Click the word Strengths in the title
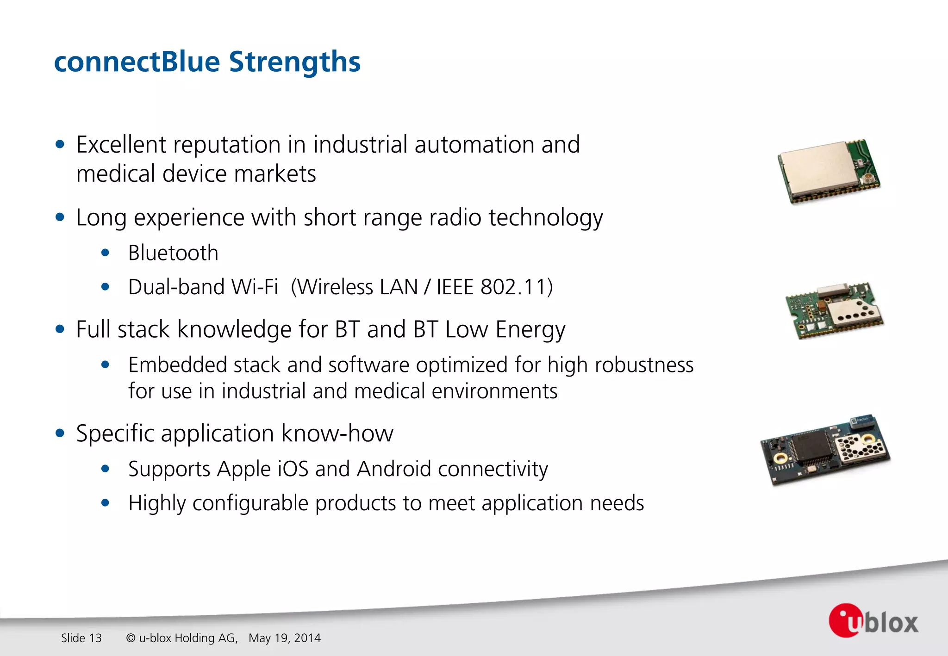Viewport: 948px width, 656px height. [x=294, y=62]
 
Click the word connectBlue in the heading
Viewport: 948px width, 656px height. [x=137, y=62]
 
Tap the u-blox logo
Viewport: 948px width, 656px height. [x=873, y=621]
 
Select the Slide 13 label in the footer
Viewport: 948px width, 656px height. [x=81, y=638]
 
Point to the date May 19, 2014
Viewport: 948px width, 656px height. [x=284, y=638]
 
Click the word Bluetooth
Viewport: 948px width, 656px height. [x=173, y=253]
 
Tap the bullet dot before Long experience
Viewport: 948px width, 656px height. [x=60, y=217]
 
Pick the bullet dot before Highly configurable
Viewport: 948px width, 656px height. [x=106, y=503]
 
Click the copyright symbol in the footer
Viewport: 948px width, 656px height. [x=131, y=638]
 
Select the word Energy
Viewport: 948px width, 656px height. [x=530, y=330]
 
